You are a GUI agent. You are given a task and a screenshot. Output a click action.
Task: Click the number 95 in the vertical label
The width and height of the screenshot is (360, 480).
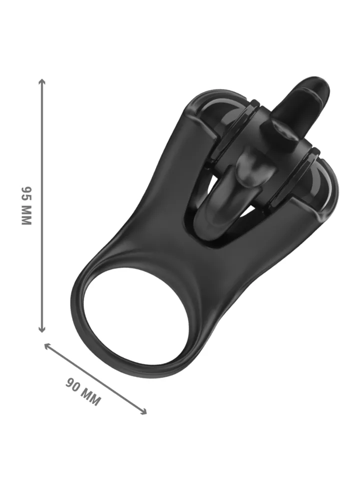pos(26,193)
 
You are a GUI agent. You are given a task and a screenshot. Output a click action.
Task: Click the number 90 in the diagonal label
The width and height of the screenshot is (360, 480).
pos(73,385)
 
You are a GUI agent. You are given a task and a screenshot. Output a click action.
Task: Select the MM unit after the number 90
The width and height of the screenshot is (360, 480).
pos(91,397)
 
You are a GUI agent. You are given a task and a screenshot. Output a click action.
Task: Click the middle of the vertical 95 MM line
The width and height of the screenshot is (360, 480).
pos(42,205)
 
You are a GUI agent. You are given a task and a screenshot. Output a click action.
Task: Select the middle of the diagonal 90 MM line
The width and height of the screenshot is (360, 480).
pos(96,379)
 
